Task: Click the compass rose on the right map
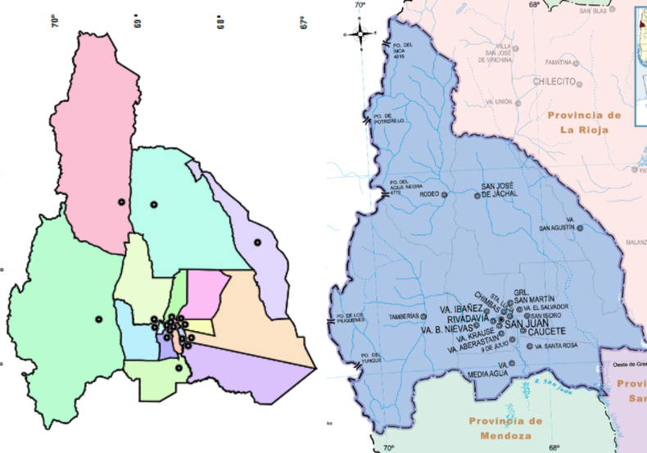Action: [x=360, y=34]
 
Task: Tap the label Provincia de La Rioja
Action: [x=585, y=122]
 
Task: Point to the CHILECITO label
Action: [x=555, y=81]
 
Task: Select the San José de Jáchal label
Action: [x=499, y=190]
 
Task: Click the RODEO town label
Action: [x=428, y=195]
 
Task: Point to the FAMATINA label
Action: [x=558, y=61]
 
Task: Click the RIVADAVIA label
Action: [x=467, y=318]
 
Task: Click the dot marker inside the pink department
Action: [x=121, y=202]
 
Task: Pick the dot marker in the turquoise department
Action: [x=152, y=204]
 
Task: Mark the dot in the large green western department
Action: [x=98, y=319]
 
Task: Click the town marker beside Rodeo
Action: [x=445, y=195]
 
